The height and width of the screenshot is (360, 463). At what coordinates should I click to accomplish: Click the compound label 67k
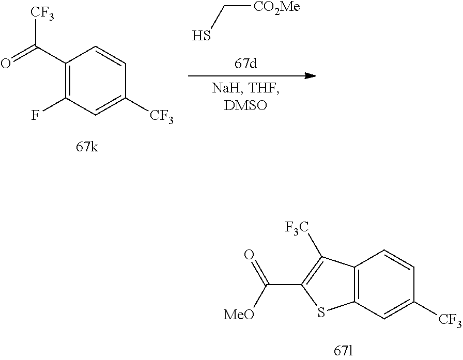coord(88,148)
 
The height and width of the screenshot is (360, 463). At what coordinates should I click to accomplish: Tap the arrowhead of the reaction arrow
coord(310,76)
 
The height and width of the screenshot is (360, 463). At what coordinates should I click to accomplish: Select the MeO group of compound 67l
coord(239,315)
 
